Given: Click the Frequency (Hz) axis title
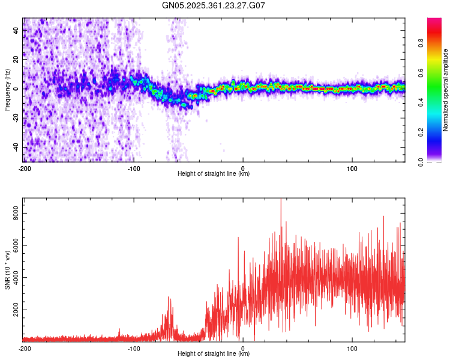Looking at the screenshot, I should pos(7,90).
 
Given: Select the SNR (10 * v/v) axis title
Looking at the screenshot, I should pos(7,270).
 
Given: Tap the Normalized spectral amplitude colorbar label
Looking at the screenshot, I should pos(446,90).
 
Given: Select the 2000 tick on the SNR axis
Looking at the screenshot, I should pos(13,310).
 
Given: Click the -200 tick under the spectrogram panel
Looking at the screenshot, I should pos(25,168).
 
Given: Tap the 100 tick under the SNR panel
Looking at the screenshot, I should pos(352,348).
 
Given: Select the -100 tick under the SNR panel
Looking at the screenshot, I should pos(134,348).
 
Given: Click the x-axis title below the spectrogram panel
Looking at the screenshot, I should pos(214,174).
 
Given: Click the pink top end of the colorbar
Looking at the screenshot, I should pos(434,20).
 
